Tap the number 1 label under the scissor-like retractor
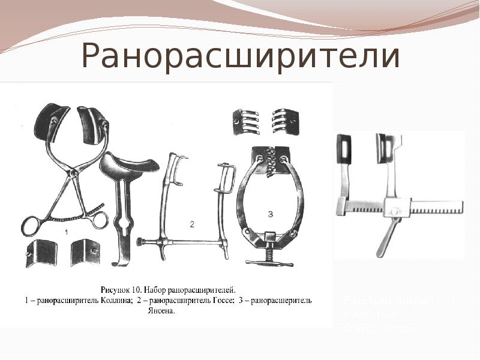(67, 230)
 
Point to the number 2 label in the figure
(192, 225)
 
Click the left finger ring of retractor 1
(30, 227)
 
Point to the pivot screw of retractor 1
(73, 173)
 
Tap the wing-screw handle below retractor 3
(270, 263)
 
